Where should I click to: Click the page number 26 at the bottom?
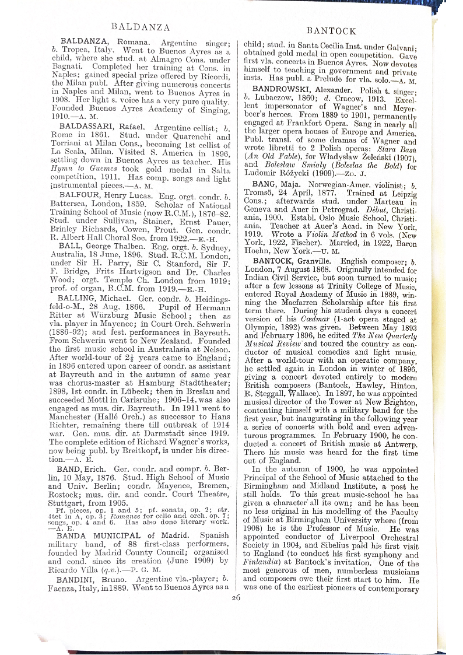236,597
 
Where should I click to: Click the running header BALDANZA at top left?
140,27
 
